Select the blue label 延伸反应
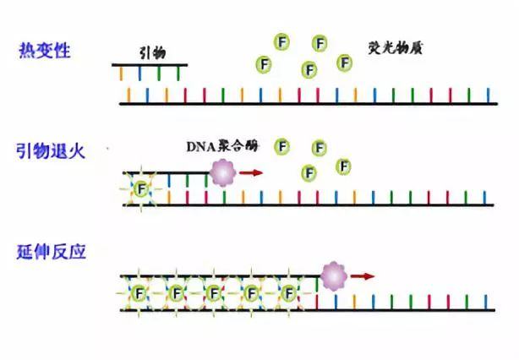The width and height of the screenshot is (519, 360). (x=50, y=252)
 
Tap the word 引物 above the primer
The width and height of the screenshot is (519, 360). (x=152, y=52)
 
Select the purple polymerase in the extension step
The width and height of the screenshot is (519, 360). (x=334, y=275)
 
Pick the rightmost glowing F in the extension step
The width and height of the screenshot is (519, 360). (x=290, y=292)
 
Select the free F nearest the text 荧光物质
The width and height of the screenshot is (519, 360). (x=344, y=63)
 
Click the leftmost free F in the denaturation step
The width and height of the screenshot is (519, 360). (x=265, y=63)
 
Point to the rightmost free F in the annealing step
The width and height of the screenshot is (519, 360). (x=343, y=166)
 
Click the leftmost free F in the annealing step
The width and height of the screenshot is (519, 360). (x=281, y=147)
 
